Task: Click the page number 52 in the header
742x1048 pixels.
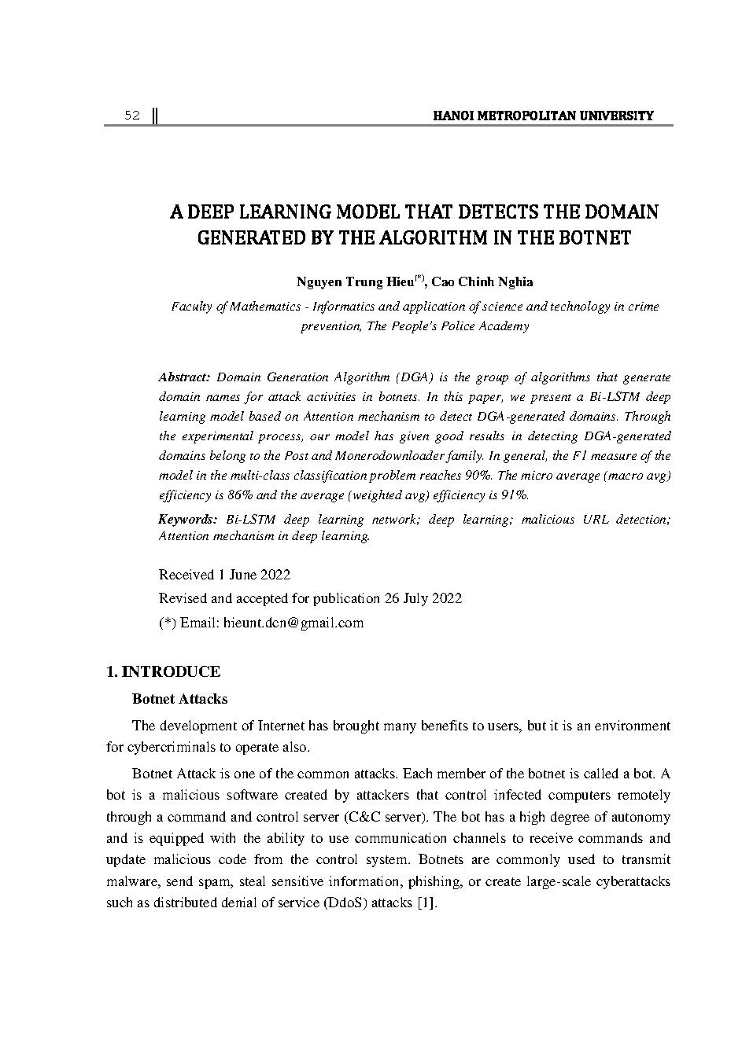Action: (x=131, y=116)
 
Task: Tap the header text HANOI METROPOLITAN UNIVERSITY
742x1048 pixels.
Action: (x=543, y=116)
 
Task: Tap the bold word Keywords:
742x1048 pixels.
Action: (x=187, y=519)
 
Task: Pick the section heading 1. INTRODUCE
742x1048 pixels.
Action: (x=163, y=671)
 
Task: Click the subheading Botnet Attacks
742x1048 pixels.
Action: (x=179, y=699)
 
